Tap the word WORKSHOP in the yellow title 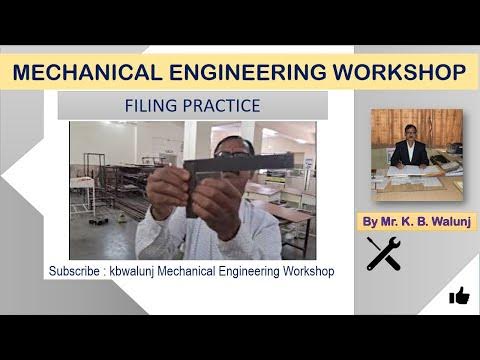coord(394,73)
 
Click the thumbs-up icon coord(459,295)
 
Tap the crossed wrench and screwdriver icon coord(383,254)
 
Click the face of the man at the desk coord(411,132)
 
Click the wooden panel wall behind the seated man coord(440,125)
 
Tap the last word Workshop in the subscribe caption coord(310,272)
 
